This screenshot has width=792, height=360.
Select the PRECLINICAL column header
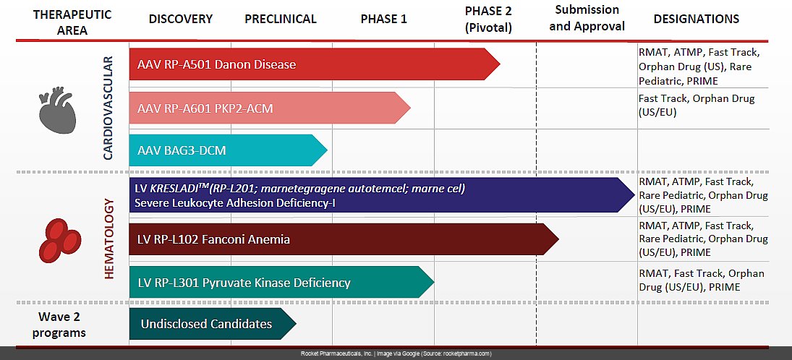pos(281,19)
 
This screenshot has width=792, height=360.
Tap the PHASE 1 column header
pos(383,19)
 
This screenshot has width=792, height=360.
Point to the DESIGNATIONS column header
pos(696,19)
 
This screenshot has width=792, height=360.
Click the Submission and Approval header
pos(587,18)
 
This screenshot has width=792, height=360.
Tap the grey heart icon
pos(56,111)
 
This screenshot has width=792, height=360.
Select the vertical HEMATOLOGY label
pos(110,238)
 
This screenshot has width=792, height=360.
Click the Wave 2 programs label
pos(62,324)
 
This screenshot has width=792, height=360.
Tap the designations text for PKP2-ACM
pos(695,105)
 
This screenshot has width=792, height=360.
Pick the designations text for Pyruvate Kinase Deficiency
pos(701,280)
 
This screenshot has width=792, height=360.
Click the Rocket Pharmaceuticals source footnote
pos(396,353)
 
